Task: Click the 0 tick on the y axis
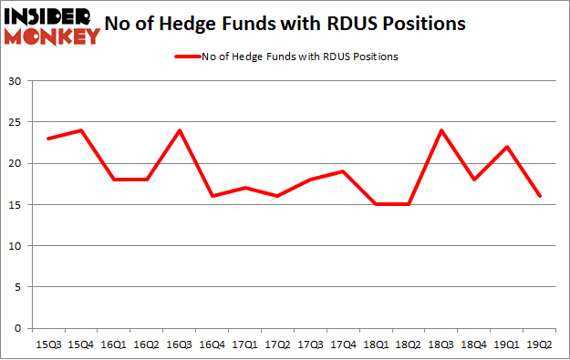click(17, 328)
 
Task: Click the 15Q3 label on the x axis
click(47, 344)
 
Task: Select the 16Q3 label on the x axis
click(179, 344)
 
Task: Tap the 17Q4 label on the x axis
click(343, 344)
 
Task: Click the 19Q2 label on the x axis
click(540, 344)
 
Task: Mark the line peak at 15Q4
click(80, 130)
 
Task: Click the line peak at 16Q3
click(179, 130)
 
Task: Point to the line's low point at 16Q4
click(212, 196)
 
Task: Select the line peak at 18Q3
click(441, 130)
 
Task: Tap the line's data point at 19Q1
click(507, 147)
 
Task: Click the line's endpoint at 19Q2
click(540, 196)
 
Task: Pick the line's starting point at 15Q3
click(47, 139)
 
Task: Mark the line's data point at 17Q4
click(343, 171)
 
